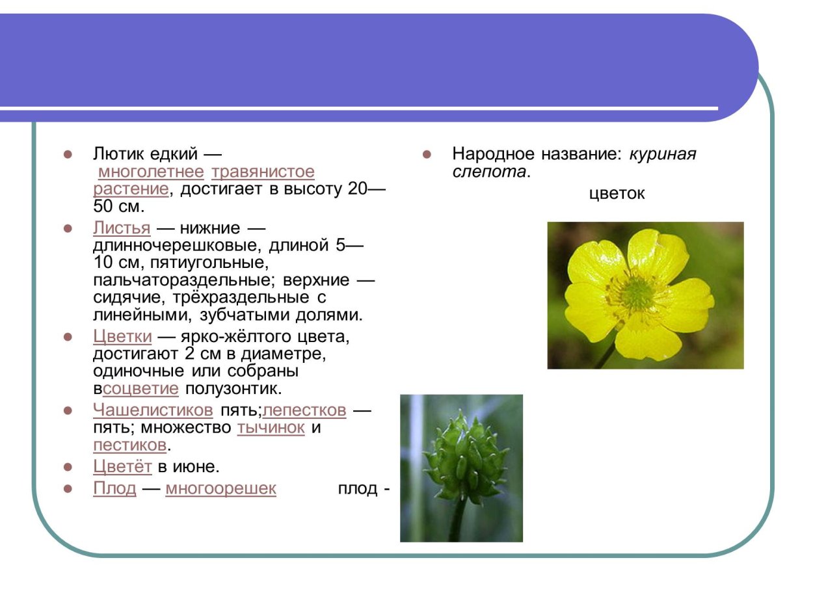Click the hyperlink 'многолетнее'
pyautogui.click(x=151, y=172)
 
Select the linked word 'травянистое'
pyautogui.click(x=263, y=172)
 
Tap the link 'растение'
pyautogui.click(x=131, y=189)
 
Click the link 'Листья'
pyautogui.click(x=122, y=228)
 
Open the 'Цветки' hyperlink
pyautogui.click(x=122, y=337)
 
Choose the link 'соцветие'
pyautogui.click(x=140, y=389)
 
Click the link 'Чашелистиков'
pyautogui.click(x=153, y=410)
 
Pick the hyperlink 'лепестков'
pyautogui.click(x=304, y=410)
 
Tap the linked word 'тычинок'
pyautogui.click(x=271, y=428)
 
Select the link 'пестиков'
pyautogui.click(x=129, y=445)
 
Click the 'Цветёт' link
pyautogui.click(x=122, y=467)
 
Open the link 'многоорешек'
pyautogui.click(x=220, y=488)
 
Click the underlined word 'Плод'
pyautogui.click(x=114, y=488)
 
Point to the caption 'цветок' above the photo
pyautogui.click(x=617, y=194)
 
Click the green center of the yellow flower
pyautogui.click(x=638, y=294)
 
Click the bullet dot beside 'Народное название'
pyautogui.click(x=427, y=155)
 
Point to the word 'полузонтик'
pyautogui.click(x=232, y=389)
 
